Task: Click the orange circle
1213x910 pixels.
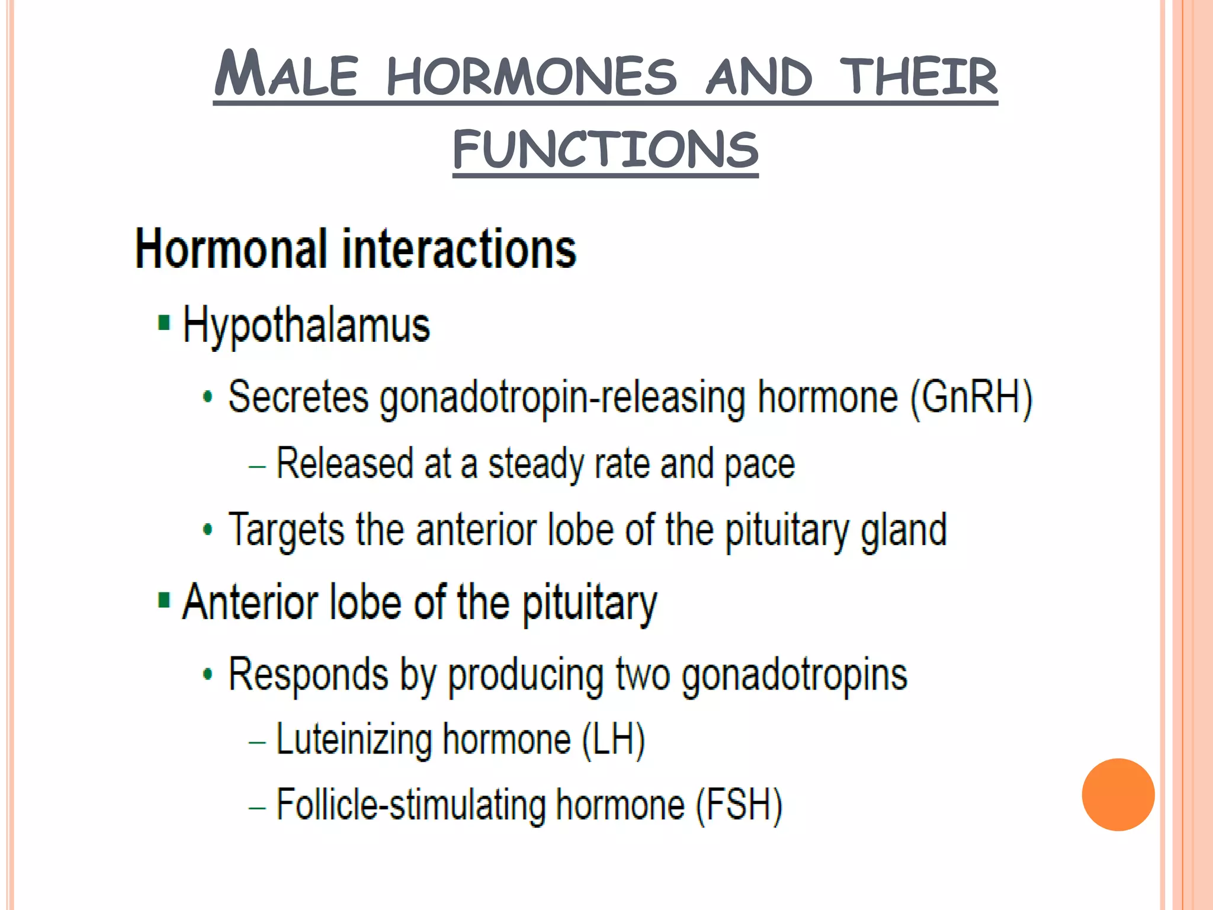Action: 1118,794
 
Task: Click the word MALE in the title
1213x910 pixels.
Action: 286,75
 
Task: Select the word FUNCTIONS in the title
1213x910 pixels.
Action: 605,149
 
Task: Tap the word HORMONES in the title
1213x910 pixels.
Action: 531,76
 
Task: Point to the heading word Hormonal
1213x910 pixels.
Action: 231,249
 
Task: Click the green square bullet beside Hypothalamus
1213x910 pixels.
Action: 164,323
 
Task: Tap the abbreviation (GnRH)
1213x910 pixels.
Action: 971,397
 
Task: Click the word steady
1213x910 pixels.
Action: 535,464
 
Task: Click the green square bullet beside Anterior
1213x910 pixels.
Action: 164,600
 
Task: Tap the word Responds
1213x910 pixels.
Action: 309,674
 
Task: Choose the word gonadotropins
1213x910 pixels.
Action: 794,675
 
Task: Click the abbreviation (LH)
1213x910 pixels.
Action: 613,740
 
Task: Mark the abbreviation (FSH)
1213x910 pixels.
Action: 739,805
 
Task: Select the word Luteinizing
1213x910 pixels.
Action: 354,741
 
